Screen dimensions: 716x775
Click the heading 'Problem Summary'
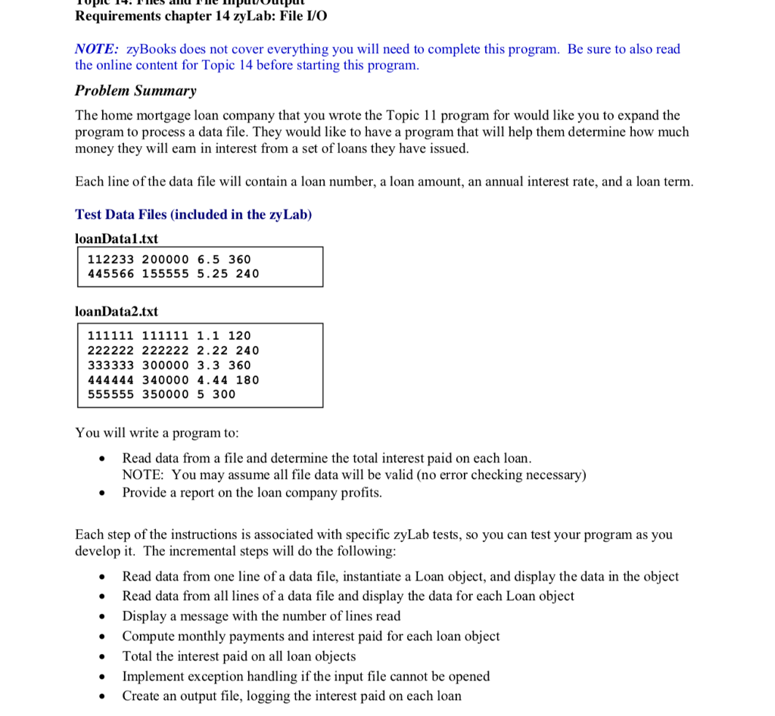135,91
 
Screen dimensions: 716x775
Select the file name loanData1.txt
117,238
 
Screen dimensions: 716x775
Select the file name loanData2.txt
117,311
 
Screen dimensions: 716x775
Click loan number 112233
110,260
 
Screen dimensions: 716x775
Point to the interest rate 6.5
208,260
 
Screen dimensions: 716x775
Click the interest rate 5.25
212,274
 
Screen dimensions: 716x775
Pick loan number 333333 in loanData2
110,365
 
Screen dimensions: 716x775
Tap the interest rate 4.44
212,380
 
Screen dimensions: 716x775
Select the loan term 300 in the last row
223,394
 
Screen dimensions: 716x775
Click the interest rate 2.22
212,350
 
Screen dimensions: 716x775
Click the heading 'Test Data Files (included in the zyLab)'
193,214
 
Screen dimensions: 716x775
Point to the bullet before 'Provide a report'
101,493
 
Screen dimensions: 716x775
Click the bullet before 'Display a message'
101,617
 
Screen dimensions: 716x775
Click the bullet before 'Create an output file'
101,696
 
